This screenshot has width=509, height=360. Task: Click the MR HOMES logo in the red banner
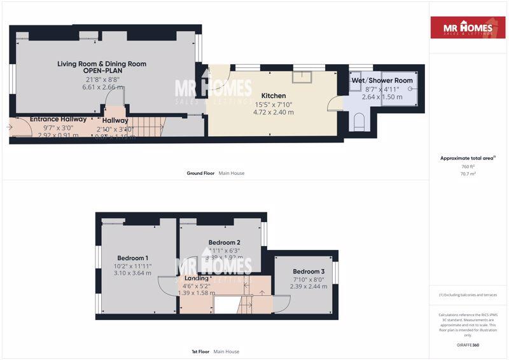point(468,27)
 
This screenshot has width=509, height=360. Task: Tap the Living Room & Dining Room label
point(102,64)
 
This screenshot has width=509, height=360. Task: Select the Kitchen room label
point(274,95)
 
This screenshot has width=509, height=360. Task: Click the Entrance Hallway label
point(44,119)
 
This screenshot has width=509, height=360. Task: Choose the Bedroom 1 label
point(124,258)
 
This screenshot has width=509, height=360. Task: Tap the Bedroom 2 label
point(225,242)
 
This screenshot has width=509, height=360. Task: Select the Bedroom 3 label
point(309,271)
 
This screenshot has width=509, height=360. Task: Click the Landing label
point(196,278)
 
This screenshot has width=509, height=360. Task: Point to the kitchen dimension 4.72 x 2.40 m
point(274,112)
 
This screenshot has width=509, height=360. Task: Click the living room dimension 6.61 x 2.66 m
point(102,87)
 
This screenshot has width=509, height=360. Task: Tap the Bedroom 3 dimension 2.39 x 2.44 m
point(309,286)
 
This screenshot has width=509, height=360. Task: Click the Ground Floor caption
point(200,173)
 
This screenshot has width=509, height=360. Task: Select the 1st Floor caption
point(200,351)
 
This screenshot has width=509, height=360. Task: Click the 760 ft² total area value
point(468,166)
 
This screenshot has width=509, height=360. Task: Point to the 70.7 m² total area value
point(468,172)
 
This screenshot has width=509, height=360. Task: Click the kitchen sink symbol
point(302,76)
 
